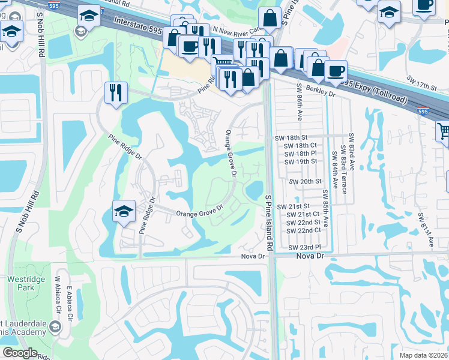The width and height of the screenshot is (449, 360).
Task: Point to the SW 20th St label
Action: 306,181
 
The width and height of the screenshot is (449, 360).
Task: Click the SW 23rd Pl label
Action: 305,247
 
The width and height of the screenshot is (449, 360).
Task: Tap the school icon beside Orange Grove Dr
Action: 124,211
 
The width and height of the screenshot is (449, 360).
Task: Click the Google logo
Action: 20,353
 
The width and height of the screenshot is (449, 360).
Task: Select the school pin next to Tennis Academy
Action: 55,326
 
